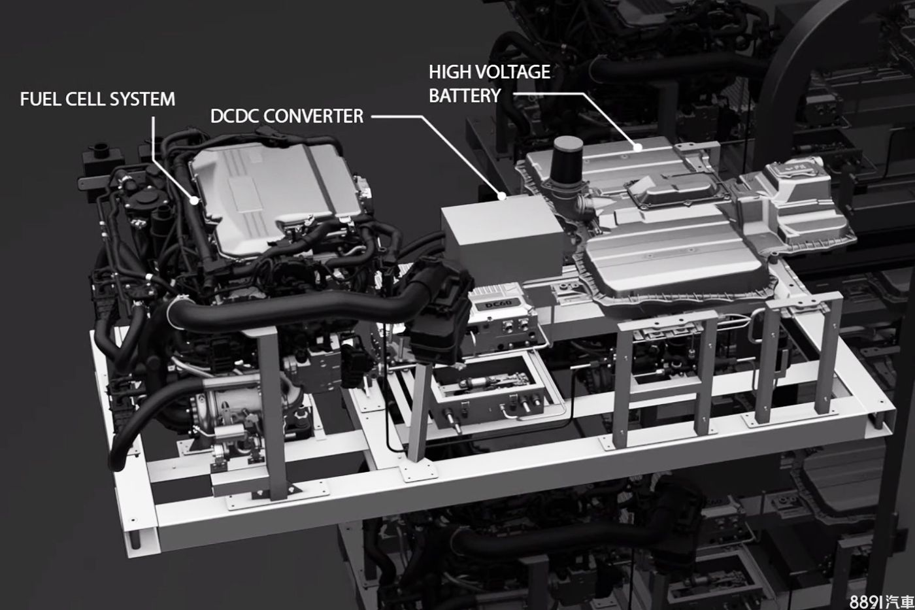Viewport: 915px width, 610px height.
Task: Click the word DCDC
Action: click(235, 116)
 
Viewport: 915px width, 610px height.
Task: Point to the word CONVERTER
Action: click(313, 116)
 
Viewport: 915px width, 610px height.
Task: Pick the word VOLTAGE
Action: click(512, 73)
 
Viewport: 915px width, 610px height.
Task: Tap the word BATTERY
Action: click(465, 95)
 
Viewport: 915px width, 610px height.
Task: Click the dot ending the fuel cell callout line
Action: click(195, 200)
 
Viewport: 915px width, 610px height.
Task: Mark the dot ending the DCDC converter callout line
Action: click(502, 195)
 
